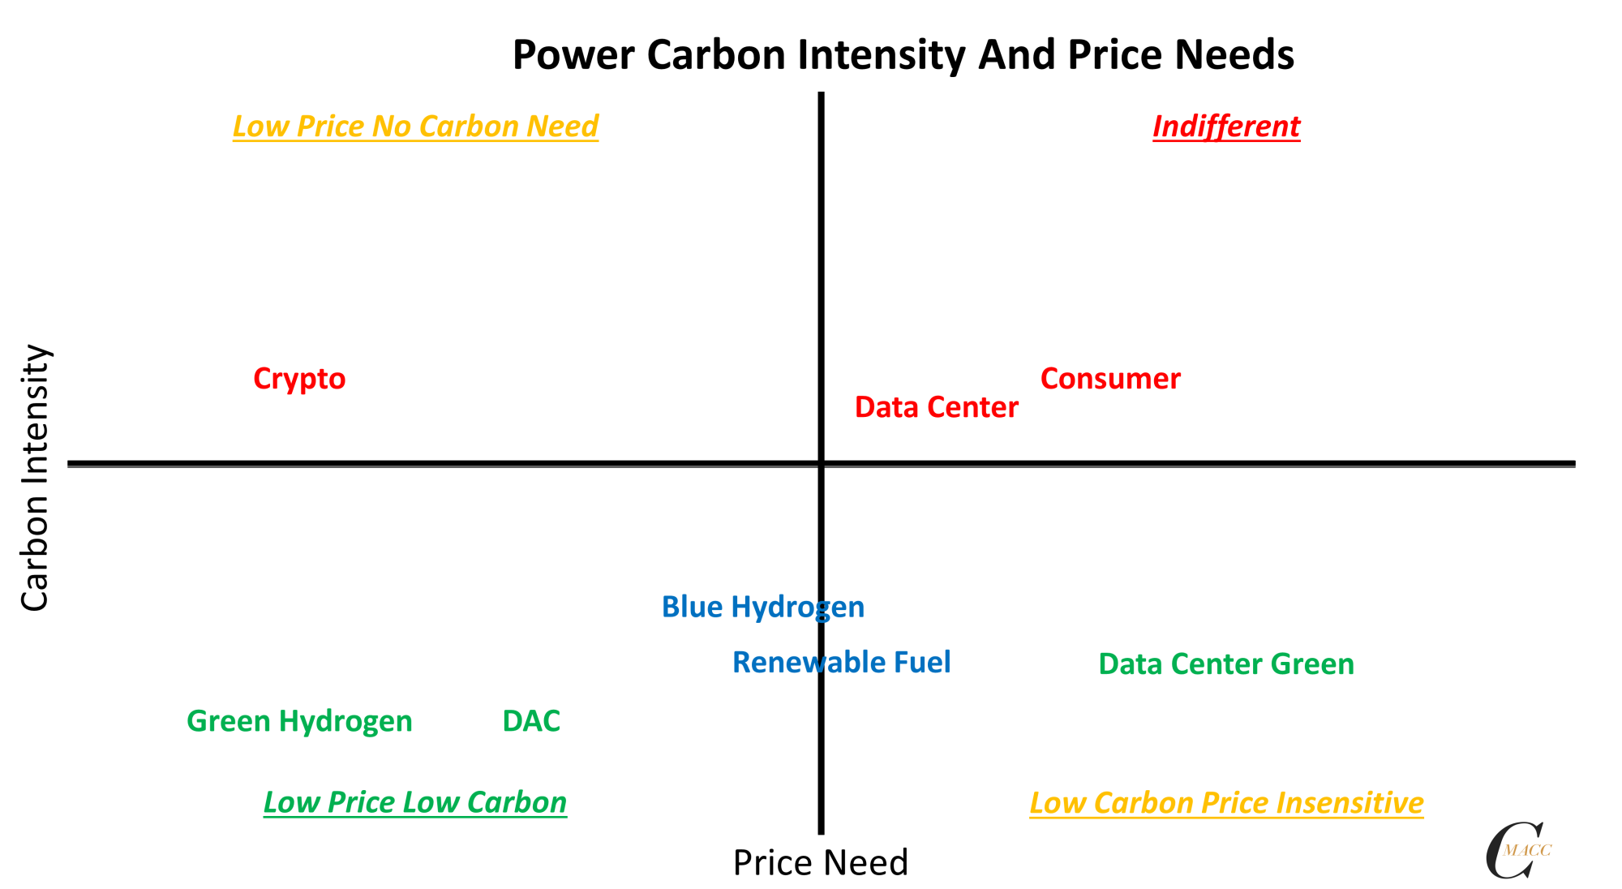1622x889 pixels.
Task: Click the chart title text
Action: (x=903, y=55)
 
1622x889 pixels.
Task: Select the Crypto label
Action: (x=299, y=379)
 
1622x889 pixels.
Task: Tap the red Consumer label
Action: (x=1110, y=379)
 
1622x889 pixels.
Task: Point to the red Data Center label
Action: (x=936, y=407)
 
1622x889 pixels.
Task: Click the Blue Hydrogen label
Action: (x=762, y=607)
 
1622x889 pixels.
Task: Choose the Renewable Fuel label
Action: (x=841, y=663)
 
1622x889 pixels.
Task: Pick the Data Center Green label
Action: (x=1225, y=664)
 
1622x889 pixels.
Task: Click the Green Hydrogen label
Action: (x=299, y=721)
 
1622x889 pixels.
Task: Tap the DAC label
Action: (x=531, y=721)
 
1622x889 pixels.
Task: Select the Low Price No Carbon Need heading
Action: (x=415, y=127)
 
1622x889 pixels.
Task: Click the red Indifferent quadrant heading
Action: (x=1226, y=127)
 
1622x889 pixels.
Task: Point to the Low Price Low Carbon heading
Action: (x=415, y=802)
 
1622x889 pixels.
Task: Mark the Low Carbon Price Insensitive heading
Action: (x=1226, y=803)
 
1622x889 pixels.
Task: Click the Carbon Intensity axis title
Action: (x=35, y=478)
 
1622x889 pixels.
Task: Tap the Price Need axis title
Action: (x=820, y=863)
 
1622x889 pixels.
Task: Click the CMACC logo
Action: (x=1515, y=851)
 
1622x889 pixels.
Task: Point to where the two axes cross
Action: (x=822, y=464)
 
